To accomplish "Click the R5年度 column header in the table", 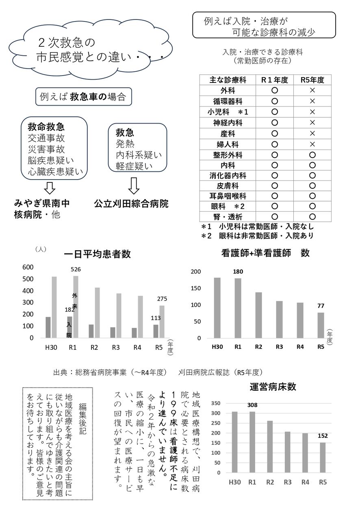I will click(x=312, y=80).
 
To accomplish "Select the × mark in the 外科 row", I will click(x=312, y=91).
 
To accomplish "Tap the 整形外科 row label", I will click(x=228, y=155).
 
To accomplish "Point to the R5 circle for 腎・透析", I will click(x=312, y=217).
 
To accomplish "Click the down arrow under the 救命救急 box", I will click(x=50, y=187).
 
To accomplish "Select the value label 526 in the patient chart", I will click(x=76, y=269).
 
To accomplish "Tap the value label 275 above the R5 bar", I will click(x=162, y=299).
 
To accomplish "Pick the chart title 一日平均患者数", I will click(x=97, y=254).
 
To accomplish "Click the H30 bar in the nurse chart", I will click(x=217, y=308).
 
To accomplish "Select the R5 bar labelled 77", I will click(x=321, y=325).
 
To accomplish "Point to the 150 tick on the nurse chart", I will click(x=196, y=288).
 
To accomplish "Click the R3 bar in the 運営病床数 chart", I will click(x=287, y=452).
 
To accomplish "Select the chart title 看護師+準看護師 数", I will click(x=265, y=253).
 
